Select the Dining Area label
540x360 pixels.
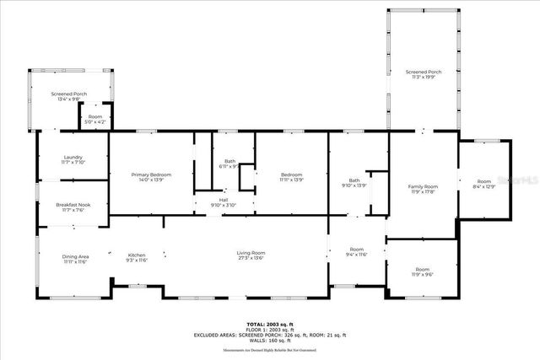(75, 259)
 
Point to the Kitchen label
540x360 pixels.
(137, 258)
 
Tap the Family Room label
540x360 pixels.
(423, 188)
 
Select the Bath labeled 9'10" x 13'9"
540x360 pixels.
(354, 183)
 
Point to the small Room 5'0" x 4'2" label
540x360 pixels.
(94, 120)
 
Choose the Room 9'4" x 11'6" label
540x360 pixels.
(357, 252)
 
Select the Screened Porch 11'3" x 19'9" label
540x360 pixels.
(423, 74)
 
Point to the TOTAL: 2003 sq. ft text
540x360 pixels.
(269, 324)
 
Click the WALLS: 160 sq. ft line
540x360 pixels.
(269, 340)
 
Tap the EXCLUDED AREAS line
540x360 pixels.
(269, 335)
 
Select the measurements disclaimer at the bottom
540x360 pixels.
(269, 349)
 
